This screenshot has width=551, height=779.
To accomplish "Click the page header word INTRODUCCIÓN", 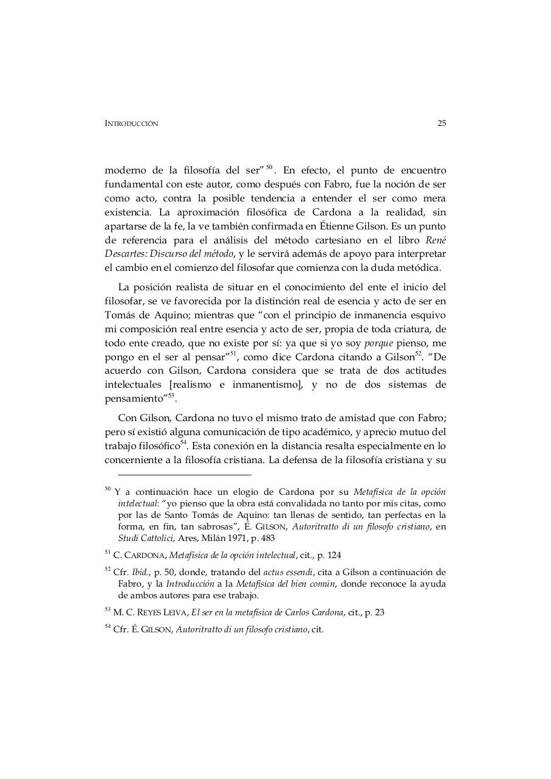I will point(131,124).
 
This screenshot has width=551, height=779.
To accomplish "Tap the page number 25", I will point(441,123).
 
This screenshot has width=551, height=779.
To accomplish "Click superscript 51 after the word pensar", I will point(233,354).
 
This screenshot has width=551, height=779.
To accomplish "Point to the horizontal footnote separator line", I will point(184,475).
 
